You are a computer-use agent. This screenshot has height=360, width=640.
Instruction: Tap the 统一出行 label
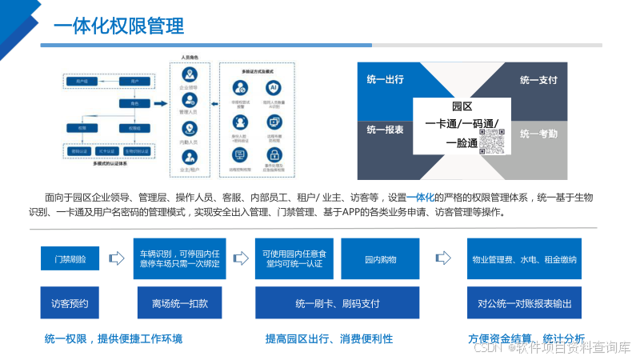tap(385, 79)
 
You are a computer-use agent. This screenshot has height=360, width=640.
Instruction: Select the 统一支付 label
tap(538, 80)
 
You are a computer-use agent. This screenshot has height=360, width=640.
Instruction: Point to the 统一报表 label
tap(385, 130)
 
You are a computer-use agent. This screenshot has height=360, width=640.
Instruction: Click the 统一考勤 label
tap(538, 134)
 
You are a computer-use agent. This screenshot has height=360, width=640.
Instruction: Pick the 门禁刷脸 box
tap(75, 258)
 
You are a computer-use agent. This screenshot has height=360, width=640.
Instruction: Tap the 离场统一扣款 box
tap(179, 304)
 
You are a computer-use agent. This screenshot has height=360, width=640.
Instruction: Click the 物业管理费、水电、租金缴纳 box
tap(524, 258)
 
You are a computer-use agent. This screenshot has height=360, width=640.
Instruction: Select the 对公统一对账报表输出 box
tap(524, 304)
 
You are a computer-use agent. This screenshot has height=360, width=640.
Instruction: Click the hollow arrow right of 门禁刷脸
tap(117, 258)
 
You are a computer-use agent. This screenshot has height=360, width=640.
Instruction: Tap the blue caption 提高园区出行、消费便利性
tap(329, 339)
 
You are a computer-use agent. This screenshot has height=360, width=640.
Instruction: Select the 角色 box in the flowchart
tap(124, 104)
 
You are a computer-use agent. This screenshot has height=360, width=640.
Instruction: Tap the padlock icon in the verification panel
tap(273, 154)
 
